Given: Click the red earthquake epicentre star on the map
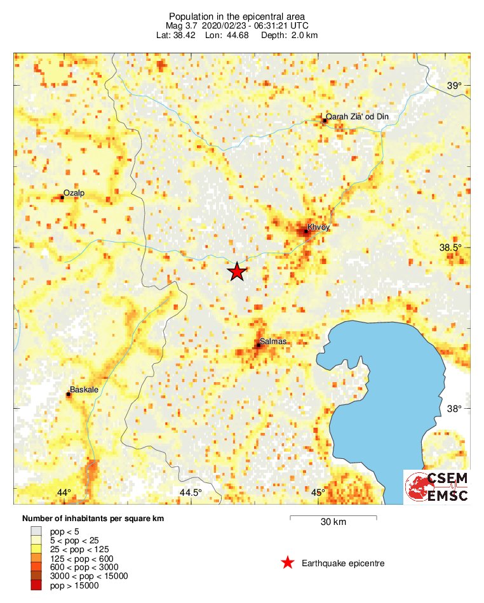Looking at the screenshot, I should click(x=237, y=272).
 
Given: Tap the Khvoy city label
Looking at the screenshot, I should click(x=319, y=227).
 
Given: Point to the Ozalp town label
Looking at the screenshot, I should click(x=74, y=192).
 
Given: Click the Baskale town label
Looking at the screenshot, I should click(x=84, y=390).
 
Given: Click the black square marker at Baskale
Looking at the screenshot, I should click(x=68, y=395).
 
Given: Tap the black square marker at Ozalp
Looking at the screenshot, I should click(x=62, y=197).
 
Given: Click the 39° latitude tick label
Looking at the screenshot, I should click(x=454, y=86).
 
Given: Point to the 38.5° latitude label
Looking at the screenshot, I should click(x=456, y=248).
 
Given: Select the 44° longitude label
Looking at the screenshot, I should click(x=64, y=493).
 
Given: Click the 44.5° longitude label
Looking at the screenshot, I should click(x=191, y=493).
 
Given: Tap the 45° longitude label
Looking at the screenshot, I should click(x=318, y=493).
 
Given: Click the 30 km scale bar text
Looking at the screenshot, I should click(x=333, y=522).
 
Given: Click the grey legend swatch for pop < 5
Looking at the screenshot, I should click(x=36, y=531).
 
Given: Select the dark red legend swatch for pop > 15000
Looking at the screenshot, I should click(x=36, y=585).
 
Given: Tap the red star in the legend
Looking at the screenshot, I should click(x=288, y=562).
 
